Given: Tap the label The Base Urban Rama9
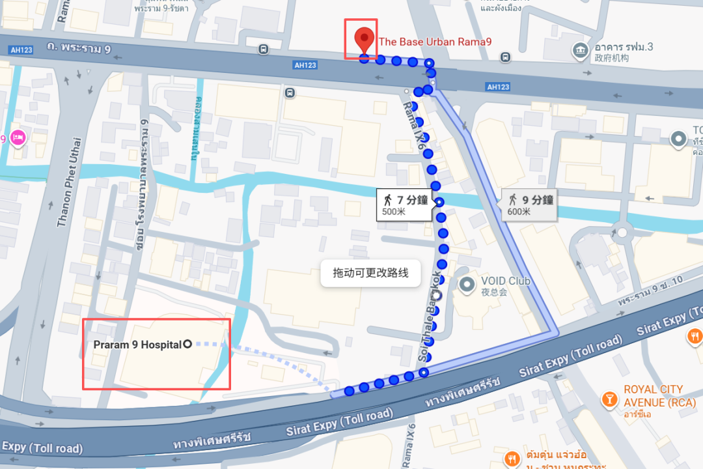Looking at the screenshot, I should [x=435, y=42].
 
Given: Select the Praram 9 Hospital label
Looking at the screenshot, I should [x=133, y=344].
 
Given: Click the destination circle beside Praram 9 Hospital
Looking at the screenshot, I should [x=188, y=344].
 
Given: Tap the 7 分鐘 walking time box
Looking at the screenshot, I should [x=404, y=204].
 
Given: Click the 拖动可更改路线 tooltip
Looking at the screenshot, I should [x=370, y=273].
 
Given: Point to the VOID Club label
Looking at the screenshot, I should [x=506, y=281].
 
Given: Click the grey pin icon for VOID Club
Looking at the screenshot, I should [x=467, y=284].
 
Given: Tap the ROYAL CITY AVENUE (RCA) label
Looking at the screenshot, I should [x=654, y=396].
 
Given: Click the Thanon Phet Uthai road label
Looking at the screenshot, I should [x=70, y=182].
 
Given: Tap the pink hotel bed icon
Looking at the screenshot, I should [x=18, y=138].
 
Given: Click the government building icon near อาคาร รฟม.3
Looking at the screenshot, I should [x=579, y=50].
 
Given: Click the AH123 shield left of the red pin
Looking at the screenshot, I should [x=305, y=65].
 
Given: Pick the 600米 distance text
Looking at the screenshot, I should [x=519, y=212].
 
